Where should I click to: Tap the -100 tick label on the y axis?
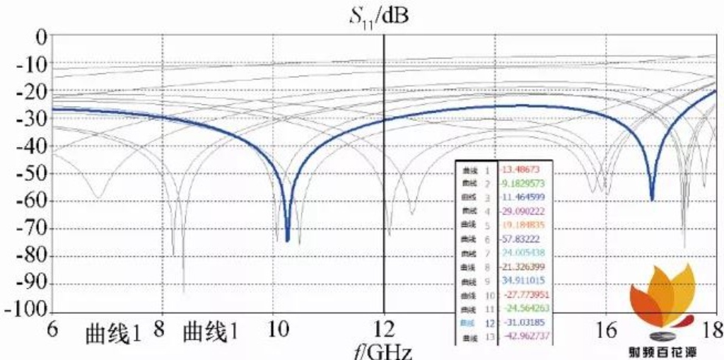(25, 310)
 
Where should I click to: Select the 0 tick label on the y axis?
(40, 36)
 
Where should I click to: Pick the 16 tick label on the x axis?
(605, 330)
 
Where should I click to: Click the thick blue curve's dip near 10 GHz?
(287, 239)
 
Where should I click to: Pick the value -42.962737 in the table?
(524, 337)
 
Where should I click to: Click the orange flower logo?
(662, 304)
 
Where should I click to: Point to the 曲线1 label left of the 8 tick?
(113, 332)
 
